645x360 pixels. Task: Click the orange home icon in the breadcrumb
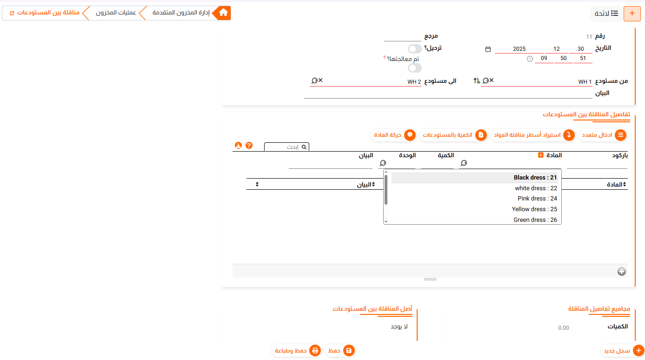[x=223, y=13]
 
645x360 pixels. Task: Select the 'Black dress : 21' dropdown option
[x=535, y=177]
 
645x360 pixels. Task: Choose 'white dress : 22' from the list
[x=536, y=188]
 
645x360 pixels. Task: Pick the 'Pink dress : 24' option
[x=537, y=199]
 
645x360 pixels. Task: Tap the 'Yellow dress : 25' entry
[x=534, y=209]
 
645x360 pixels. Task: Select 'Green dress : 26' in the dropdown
[x=535, y=220]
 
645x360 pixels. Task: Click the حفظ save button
[x=340, y=351]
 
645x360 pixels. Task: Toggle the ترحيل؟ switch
[x=415, y=49]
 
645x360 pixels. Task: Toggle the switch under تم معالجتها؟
[x=415, y=68]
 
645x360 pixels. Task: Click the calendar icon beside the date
[x=488, y=49]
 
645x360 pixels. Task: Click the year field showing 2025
[x=519, y=49]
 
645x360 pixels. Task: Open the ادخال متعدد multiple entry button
[x=603, y=135]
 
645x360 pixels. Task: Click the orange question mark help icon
[x=249, y=146]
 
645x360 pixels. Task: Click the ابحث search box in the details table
[x=286, y=147]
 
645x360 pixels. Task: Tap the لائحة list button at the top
[x=606, y=13]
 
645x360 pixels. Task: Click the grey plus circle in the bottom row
[x=621, y=271]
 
